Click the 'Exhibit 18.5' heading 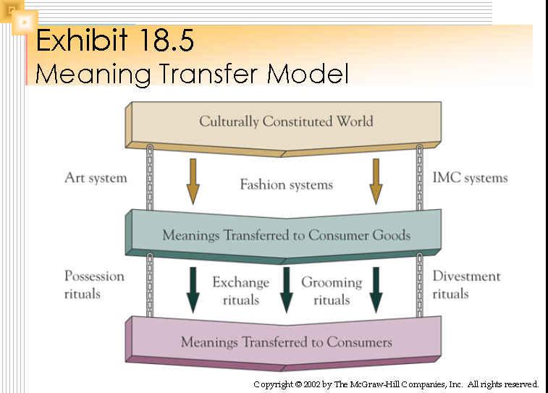pyautogui.click(x=114, y=40)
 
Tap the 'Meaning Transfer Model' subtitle pyautogui.click(x=192, y=74)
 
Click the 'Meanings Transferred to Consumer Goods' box pyautogui.click(x=284, y=236)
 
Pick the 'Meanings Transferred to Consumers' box pyautogui.click(x=284, y=343)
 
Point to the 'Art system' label pyautogui.click(x=96, y=178)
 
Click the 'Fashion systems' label pyautogui.click(x=286, y=185)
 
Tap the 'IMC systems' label pyautogui.click(x=470, y=178)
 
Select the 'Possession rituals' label pyautogui.click(x=94, y=284)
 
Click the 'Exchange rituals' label pyautogui.click(x=241, y=291)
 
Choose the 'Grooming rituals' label pyautogui.click(x=332, y=291)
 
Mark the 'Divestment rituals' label pyautogui.click(x=467, y=284)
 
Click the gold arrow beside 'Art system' pyautogui.click(x=193, y=182)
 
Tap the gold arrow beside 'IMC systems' pyautogui.click(x=376, y=182)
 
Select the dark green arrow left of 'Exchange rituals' pyautogui.click(x=193, y=290)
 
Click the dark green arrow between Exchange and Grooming pyautogui.click(x=287, y=290)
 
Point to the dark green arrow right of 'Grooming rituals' pyautogui.click(x=376, y=290)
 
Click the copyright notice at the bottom pyautogui.click(x=396, y=384)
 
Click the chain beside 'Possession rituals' pyautogui.click(x=150, y=285)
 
